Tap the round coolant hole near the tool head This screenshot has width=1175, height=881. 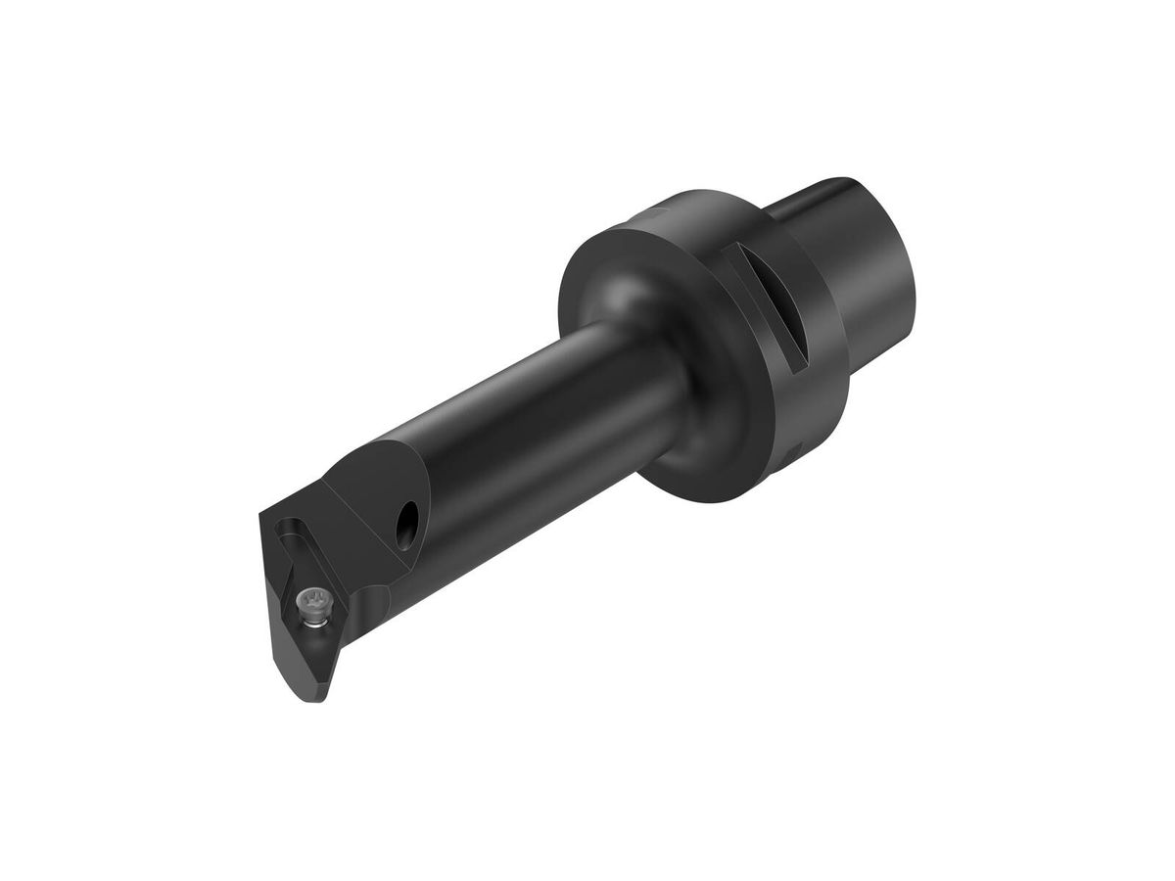(406, 525)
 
